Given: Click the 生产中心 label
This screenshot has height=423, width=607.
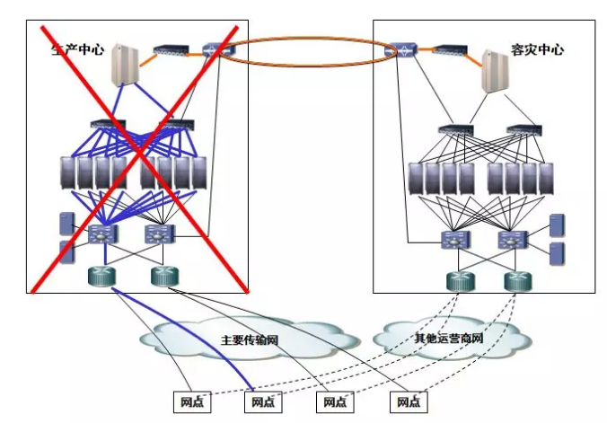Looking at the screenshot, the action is click(77, 49).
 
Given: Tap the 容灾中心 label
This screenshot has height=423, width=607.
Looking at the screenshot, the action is click(537, 49).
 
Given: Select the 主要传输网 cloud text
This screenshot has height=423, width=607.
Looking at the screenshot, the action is click(250, 340).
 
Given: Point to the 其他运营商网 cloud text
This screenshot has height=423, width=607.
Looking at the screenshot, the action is click(449, 339).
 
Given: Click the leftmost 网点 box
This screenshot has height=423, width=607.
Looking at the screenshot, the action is click(192, 402).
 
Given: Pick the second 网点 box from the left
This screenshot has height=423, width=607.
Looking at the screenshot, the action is click(263, 402).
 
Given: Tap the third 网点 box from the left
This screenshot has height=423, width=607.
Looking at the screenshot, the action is click(335, 402).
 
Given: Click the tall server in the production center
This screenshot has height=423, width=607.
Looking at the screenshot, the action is click(125, 65).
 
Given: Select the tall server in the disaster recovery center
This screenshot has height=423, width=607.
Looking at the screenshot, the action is click(495, 71).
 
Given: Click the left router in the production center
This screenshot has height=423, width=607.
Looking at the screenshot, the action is click(101, 277).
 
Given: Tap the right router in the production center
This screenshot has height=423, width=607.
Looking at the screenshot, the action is click(165, 277).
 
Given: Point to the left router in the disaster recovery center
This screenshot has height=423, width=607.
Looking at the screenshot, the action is click(461, 282).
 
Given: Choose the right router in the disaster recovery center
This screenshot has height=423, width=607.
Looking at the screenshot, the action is click(517, 282).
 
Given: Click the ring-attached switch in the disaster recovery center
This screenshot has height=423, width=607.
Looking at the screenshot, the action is click(401, 50).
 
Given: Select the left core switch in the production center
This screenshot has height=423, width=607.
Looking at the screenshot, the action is click(102, 234).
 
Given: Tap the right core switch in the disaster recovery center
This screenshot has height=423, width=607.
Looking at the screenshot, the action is click(512, 240).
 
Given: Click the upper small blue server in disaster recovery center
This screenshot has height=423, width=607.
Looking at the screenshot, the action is click(557, 225).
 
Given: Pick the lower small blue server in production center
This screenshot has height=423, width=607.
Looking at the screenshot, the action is click(66, 251).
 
